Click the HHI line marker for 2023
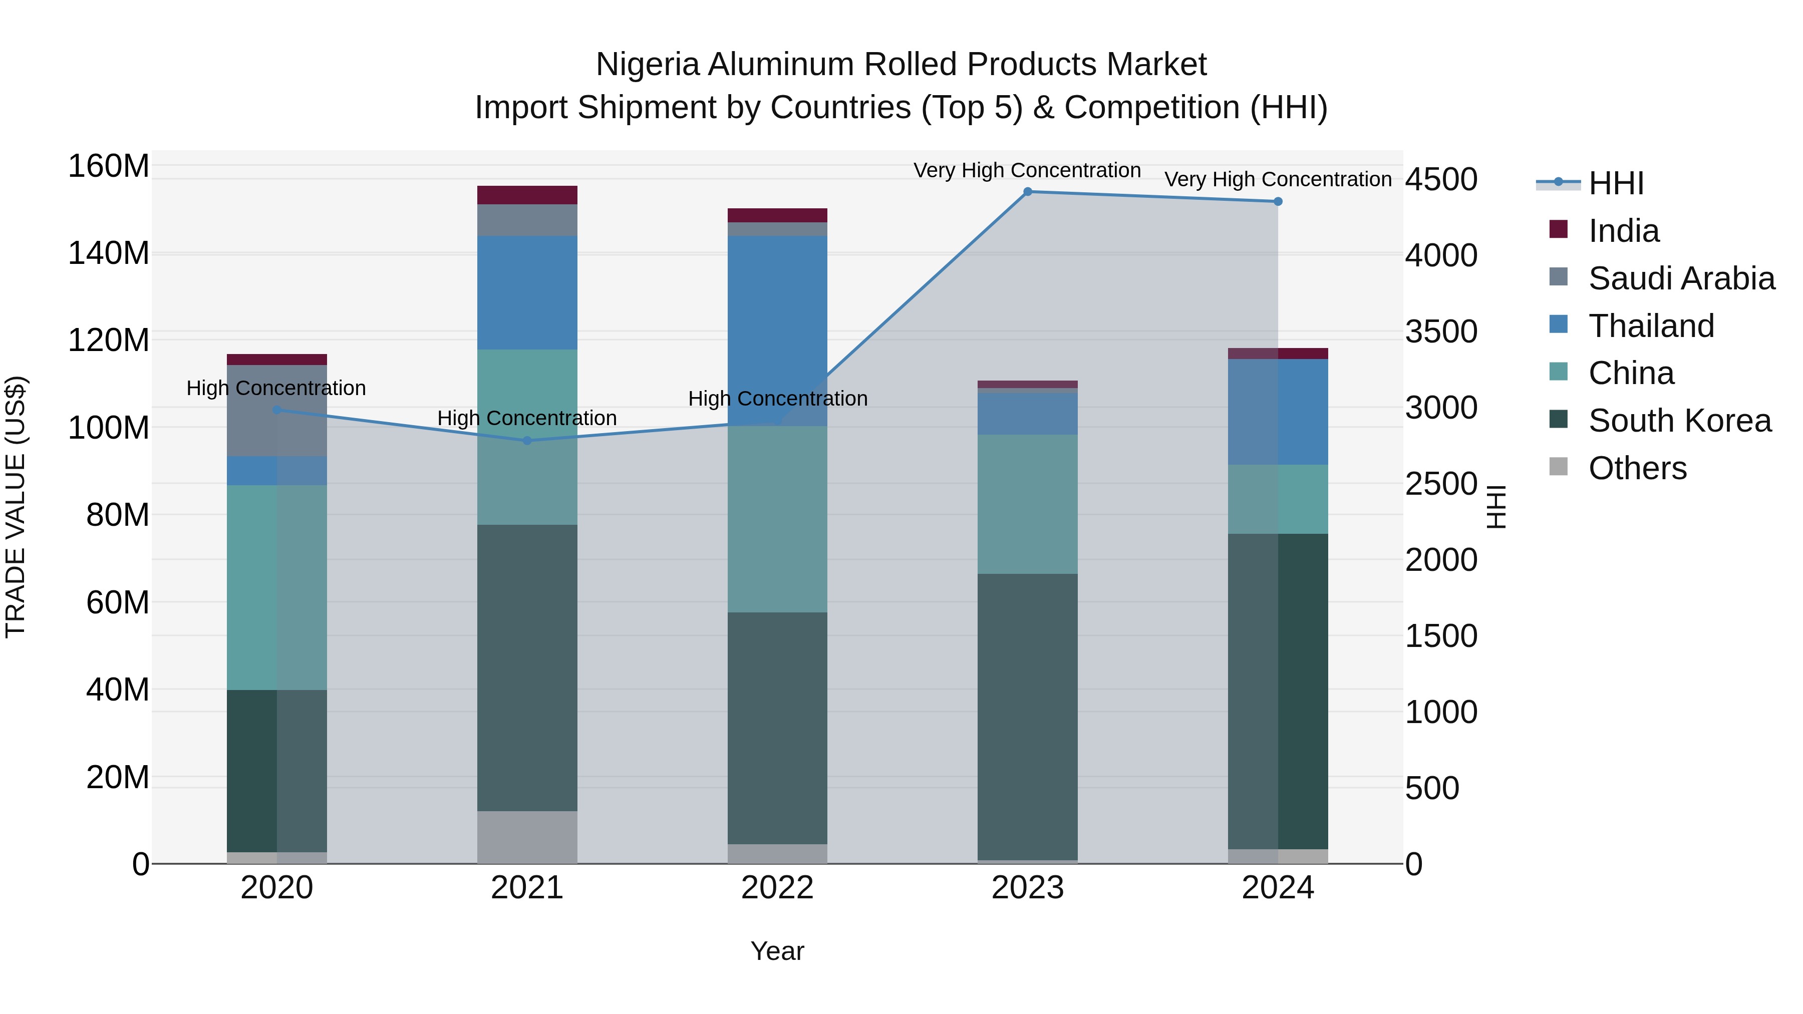pyautogui.click(x=1028, y=192)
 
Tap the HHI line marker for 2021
pyautogui.click(x=527, y=440)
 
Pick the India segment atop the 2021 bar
pyautogui.click(x=527, y=195)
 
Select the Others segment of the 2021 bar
pyautogui.click(x=527, y=837)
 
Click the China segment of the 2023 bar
pyautogui.click(x=1028, y=504)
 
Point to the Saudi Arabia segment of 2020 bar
pyautogui.click(x=276, y=411)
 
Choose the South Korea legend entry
pyautogui.click(x=1679, y=421)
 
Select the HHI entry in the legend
pyautogui.click(x=1615, y=183)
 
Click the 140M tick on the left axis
pyautogui.click(x=109, y=253)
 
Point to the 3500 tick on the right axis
pyautogui.click(x=1440, y=331)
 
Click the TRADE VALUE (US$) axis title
pyautogui.click(x=16, y=507)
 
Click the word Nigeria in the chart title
pyautogui.click(x=648, y=65)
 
